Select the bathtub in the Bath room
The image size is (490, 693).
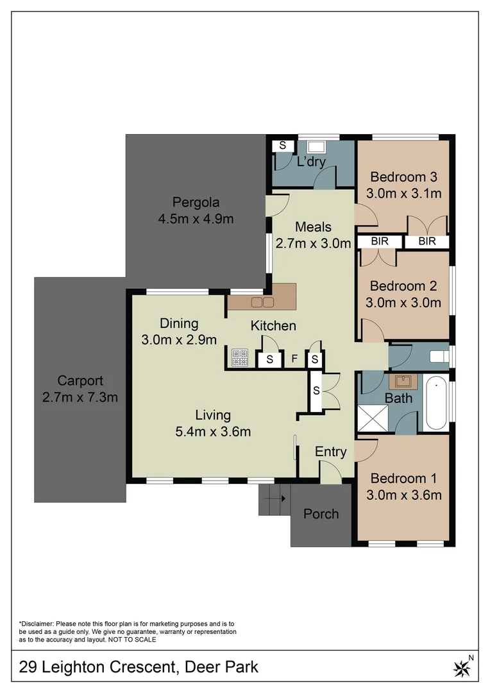(x=436, y=404)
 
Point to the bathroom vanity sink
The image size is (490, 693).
(x=403, y=382)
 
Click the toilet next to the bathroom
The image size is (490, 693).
(x=440, y=356)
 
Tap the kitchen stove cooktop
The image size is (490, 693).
(x=240, y=357)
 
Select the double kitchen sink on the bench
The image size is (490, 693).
(x=262, y=302)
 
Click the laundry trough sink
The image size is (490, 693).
(x=316, y=147)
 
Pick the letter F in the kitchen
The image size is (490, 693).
(x=294, y=359)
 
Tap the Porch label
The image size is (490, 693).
(x=321, y=513)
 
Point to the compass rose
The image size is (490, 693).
(x=462, y=668)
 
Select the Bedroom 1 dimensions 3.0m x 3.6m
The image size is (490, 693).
(x=403, y=495)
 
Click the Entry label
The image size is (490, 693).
(x=330, y=452)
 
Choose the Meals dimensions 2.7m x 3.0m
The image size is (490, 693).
(x=314, y=243)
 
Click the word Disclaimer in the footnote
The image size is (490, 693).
(x=38, y=624)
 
